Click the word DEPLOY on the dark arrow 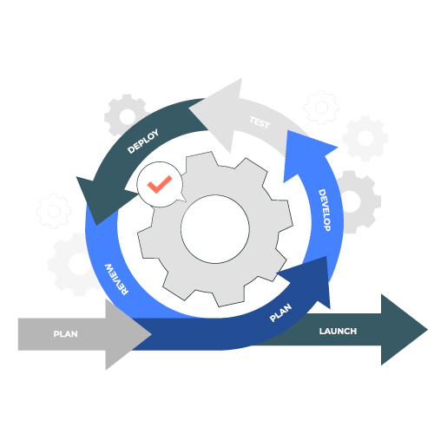coord(143,141)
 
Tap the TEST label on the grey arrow coord(260,122)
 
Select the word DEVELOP coord(325,210)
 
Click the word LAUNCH coord(338,331)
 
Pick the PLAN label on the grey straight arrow coord(65,334)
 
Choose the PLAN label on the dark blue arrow coord(280,312)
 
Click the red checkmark coord(160,184)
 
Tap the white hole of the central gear coord(215,229)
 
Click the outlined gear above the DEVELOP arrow coord(321,108)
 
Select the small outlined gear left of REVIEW coord(54,211)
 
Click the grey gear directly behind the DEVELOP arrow coord(358,201)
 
